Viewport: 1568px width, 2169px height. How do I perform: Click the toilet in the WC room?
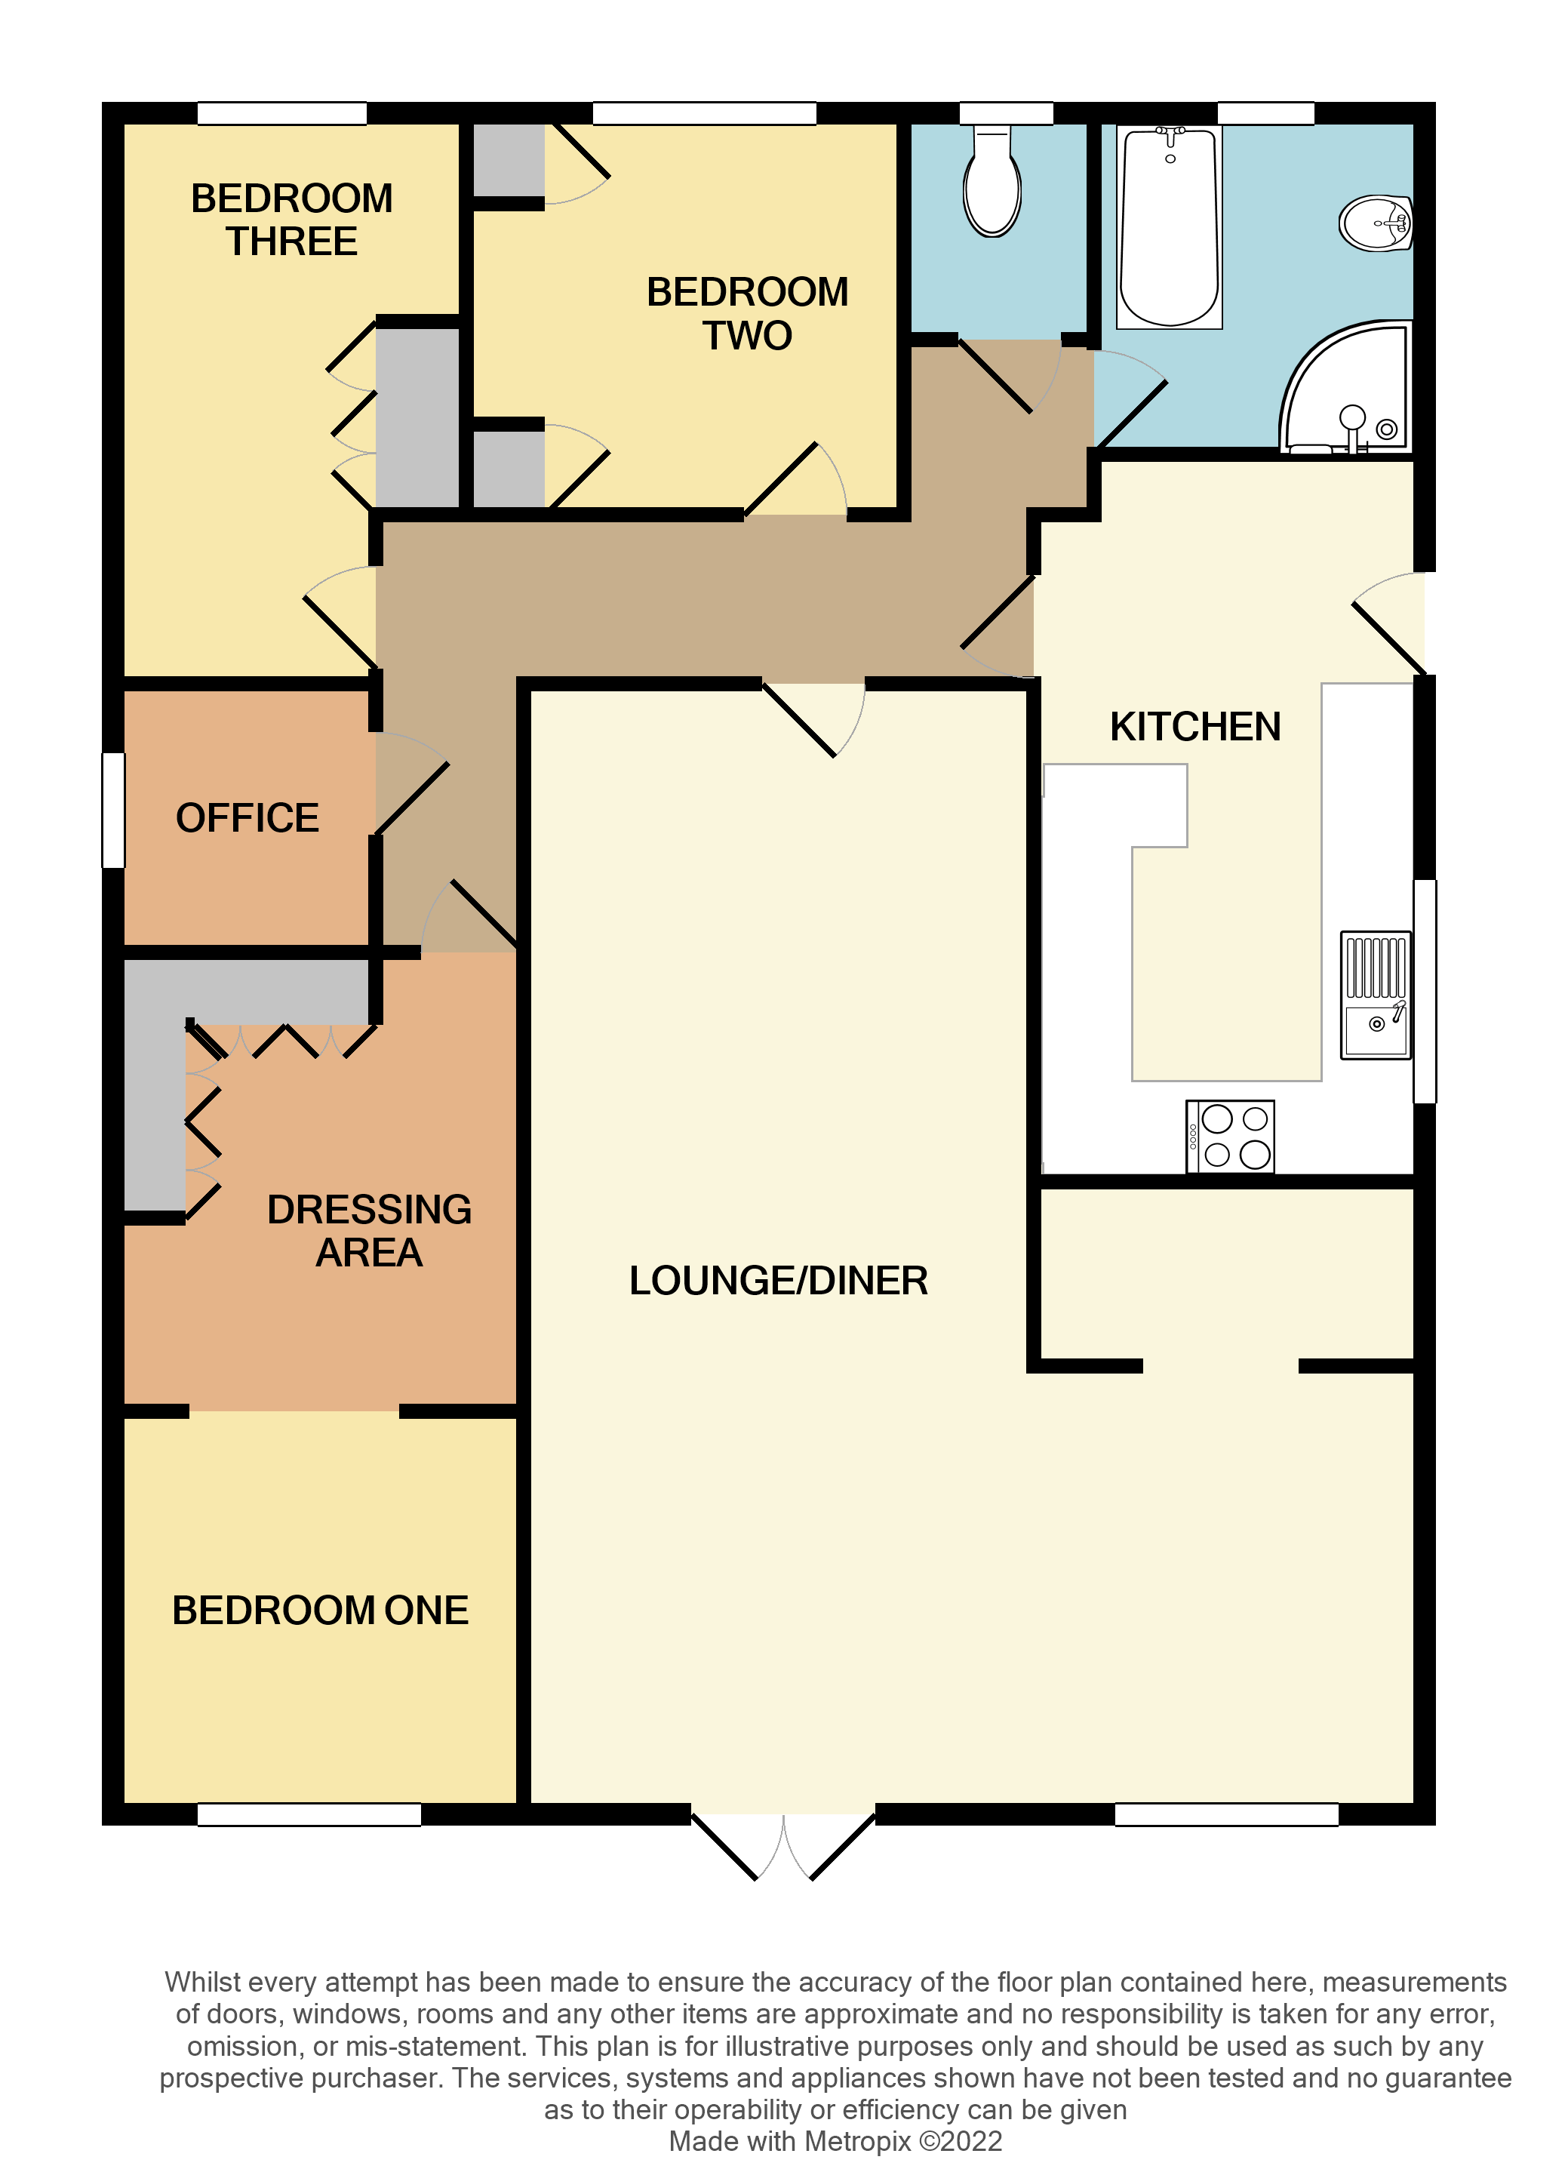[x=992, y=181]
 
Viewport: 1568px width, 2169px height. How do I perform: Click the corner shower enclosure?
[x=1346, y=387]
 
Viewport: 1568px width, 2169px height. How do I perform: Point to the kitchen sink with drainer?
[x=1376, y=995]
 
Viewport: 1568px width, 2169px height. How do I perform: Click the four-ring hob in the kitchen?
[x=1231, y=1136]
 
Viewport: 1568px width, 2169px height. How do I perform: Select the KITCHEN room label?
[x=1195, y=727]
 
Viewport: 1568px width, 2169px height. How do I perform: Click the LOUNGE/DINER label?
[x=778, y=1281]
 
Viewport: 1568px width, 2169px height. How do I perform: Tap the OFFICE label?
[x=247, y=817]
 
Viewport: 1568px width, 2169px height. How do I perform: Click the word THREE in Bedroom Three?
[x=291, y=241]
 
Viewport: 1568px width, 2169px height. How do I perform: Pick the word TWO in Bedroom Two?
[x=748, y=336]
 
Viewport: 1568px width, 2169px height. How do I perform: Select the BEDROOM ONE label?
[x=320, y=1611]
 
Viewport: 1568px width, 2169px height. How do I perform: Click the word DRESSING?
[x=369, y=1210]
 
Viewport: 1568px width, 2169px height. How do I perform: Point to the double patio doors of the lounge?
[x=784, y=1846]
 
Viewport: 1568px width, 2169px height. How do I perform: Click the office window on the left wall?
[x=114, y=810]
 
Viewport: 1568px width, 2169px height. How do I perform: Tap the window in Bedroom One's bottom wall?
[x=309, y=1814]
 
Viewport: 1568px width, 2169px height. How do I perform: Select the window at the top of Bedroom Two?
[x=705, y=113]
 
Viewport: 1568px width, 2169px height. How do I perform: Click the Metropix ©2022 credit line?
[x=835, y=2141]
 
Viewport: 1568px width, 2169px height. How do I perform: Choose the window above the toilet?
[x=1006, y=113]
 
